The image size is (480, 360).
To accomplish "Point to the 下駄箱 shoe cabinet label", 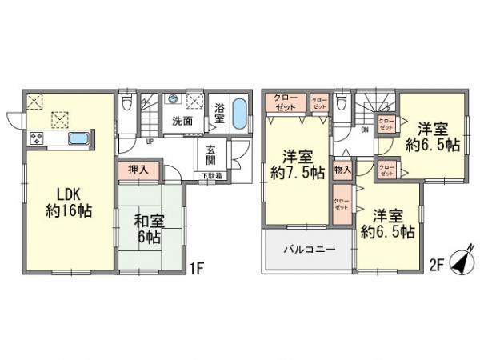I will (x=211, y=176).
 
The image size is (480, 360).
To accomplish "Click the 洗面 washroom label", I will (x=183, y=122).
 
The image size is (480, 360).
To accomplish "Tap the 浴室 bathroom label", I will (x=222, y=112).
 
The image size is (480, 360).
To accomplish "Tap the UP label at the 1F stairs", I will (x=149, y=143).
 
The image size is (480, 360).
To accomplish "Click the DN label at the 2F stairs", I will (x=364, y=130).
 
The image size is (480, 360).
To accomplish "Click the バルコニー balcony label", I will (x=307, y=250).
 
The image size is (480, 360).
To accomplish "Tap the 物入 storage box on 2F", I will (x=342, y=170).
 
